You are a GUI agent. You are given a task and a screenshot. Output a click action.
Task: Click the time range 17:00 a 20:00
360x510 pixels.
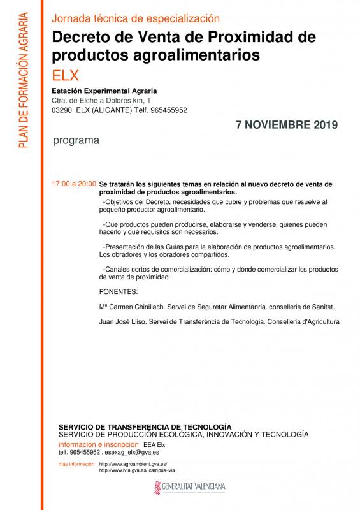point(74,184)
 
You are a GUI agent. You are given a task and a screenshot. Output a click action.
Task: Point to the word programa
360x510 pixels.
point(75,140)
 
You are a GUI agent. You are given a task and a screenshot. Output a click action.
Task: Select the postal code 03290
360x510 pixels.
point(62,110)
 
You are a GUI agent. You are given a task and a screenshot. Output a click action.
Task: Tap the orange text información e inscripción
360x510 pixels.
point(98,444)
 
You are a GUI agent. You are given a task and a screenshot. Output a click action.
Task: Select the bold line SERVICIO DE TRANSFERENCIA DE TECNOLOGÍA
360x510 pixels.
point(145,426)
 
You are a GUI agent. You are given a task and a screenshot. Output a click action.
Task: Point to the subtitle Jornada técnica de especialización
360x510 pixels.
point(135,19)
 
